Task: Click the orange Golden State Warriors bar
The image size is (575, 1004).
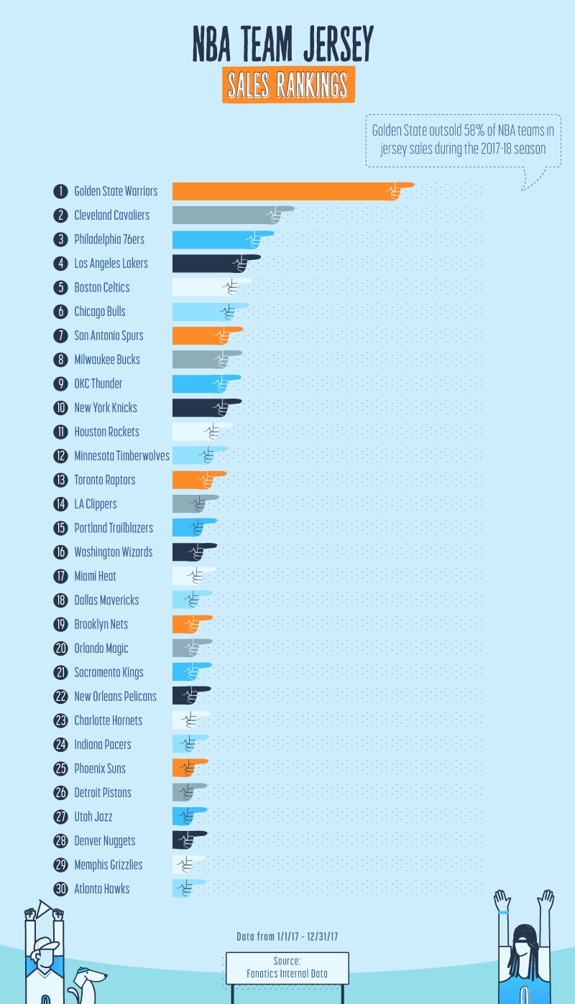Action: pos(287,191)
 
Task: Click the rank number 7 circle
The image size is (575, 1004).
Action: pos(60,335)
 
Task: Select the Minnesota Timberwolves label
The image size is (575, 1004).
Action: pos(121,456)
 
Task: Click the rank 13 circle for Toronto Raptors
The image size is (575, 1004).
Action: pos(60,480)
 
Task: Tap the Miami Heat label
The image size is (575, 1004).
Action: pos(95,576)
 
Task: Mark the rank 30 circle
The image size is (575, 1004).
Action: pos(60,889)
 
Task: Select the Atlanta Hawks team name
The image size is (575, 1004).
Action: pos(102,889)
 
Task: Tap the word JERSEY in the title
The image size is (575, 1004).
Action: pos(335,44)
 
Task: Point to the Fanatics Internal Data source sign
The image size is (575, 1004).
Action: pos(287,968)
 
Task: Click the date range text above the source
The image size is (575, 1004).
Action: pos(287,936)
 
